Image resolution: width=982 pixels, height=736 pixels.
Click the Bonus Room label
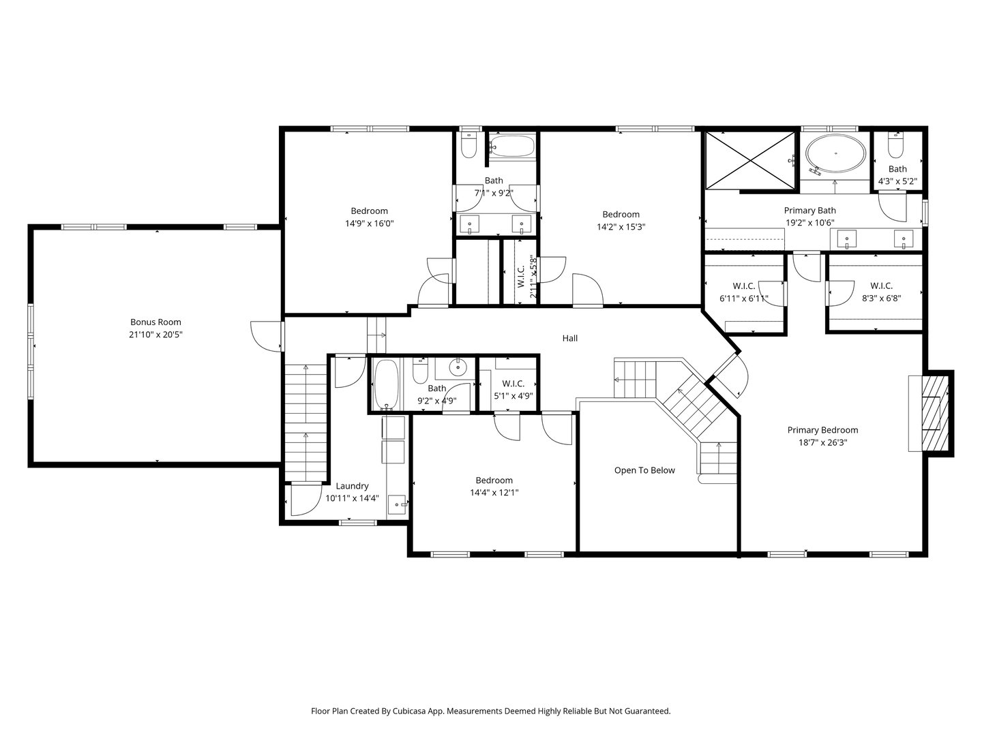point(155,322)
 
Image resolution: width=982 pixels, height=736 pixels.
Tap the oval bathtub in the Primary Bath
point(835,153)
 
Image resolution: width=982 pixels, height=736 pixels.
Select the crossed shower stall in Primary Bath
point(750,160)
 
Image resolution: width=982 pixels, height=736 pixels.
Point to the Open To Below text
point(644,470)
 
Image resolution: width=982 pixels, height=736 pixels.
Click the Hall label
point(569,338)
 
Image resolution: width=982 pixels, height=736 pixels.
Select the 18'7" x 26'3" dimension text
point(822,442)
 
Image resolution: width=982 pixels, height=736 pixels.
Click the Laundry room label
point(352,486)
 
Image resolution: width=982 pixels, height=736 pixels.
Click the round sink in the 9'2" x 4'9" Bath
point(458,368)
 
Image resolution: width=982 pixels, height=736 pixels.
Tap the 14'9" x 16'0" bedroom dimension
point(369,223)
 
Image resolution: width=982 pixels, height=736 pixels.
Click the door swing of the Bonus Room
point(266,336)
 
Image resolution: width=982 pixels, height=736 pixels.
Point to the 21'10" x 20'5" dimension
point(155,334)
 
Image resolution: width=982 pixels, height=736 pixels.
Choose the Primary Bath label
point(809,210)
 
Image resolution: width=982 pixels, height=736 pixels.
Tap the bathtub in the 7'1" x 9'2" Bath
point(512,146)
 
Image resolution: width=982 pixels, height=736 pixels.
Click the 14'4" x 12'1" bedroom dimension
point(494,493)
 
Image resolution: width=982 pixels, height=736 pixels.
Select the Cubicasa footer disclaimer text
point(491,711)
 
